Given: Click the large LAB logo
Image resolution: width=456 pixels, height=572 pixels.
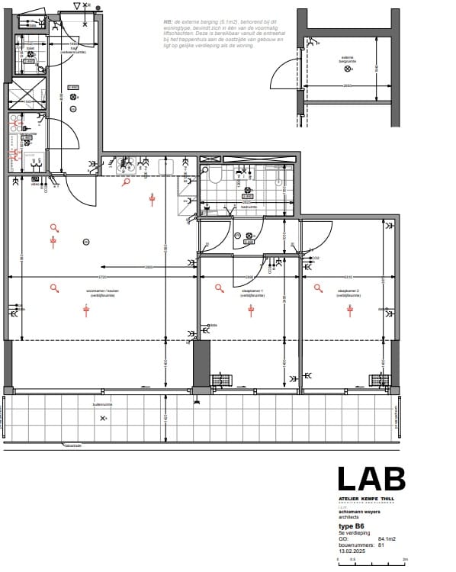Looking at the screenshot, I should tap(371, 479).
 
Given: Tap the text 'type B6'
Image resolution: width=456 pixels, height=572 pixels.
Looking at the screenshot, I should tap(352, 526).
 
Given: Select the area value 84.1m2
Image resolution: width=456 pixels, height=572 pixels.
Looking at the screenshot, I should tap(387, 538).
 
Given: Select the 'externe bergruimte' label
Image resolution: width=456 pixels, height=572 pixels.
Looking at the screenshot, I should tap(348, 59).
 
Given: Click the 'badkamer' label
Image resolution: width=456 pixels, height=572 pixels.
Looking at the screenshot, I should tap(249, 207).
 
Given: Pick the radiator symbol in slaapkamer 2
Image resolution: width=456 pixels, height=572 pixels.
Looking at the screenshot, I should tap(380, 380).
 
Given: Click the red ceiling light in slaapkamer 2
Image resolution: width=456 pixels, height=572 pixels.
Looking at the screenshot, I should tap(350, 309).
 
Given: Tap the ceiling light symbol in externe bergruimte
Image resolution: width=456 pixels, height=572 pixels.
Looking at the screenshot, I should tap(348, 69).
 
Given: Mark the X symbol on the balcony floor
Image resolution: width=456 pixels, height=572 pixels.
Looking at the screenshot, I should tap(103, 418).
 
